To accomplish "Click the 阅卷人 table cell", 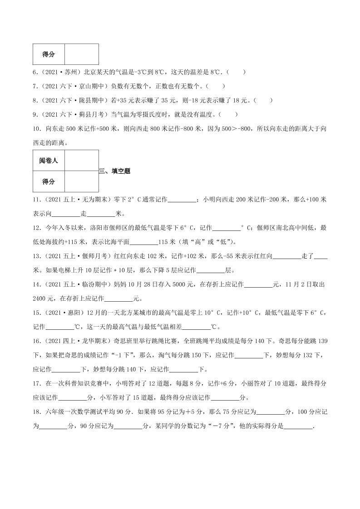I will point(49,160).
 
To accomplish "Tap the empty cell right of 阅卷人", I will point(82,160).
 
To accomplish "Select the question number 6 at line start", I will point(35,72).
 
